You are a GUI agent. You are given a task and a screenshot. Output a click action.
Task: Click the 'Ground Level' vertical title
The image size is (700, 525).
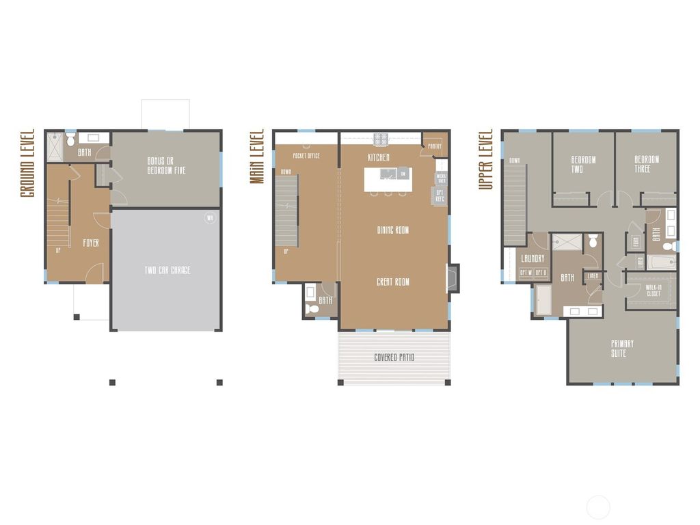coord(27,163)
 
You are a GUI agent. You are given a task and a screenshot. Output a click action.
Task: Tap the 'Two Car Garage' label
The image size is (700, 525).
coord(167,270)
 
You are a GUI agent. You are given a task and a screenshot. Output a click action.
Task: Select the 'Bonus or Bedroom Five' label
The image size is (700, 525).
coord(166,165)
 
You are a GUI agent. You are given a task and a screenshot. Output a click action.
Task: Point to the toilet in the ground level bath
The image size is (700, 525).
coord(70,140)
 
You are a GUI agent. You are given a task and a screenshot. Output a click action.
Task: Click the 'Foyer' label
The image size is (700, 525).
coord(91,243)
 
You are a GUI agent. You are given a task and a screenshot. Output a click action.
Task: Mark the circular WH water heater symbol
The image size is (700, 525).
coord(210,219)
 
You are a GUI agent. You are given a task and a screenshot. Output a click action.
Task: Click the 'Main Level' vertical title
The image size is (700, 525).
coord(257,156)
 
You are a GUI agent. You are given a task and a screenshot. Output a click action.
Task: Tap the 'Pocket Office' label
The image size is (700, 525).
coord(306,156)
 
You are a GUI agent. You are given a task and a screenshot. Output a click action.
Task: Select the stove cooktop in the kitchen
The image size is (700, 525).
coord(380,139)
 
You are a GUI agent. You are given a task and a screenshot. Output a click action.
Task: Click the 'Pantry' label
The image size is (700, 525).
coord(434,146)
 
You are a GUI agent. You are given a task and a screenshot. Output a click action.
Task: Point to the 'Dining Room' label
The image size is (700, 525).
coord(392,230)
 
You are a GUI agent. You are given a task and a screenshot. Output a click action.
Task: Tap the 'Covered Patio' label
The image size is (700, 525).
coord(394,358)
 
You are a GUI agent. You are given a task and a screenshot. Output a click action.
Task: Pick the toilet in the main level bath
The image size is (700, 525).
coord(313,309)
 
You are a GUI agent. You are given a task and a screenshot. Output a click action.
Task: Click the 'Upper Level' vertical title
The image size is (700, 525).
coord(486,159)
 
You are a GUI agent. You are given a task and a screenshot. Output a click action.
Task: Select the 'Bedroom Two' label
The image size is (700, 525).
coord(583,164)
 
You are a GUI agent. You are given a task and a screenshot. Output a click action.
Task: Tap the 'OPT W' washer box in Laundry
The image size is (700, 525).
coord(526,273)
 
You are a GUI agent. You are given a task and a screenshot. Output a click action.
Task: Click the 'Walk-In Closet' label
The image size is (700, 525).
coord(653,290)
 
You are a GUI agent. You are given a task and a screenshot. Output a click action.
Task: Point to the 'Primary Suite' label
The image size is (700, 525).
coord(622,348)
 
